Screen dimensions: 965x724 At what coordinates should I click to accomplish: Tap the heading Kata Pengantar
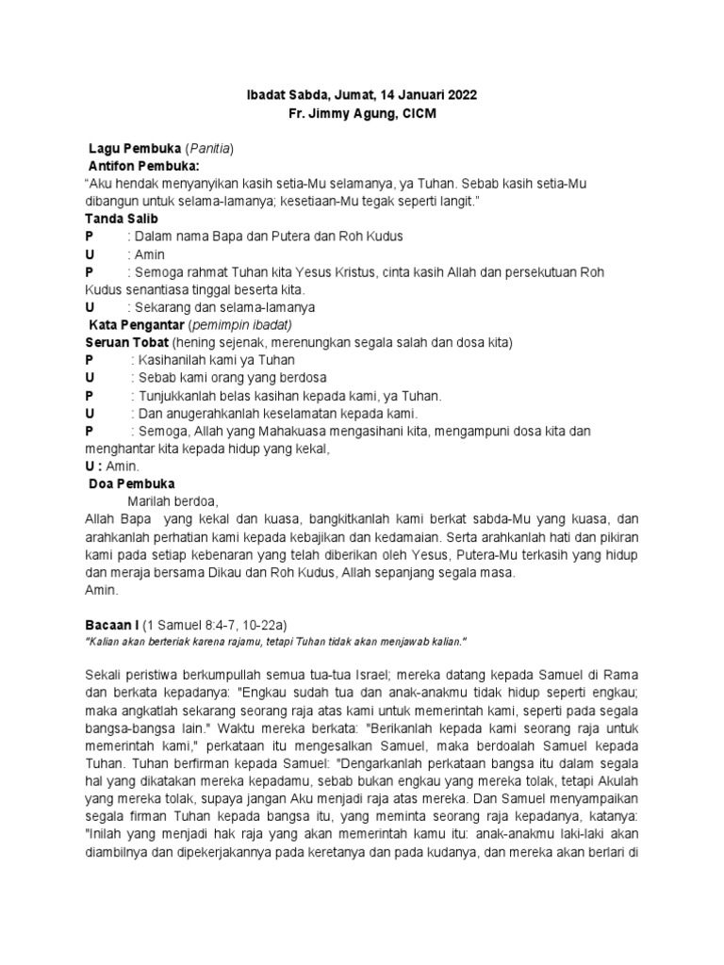[x=137, y=324]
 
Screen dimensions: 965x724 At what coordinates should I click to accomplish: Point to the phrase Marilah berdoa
[x=173, y=501]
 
